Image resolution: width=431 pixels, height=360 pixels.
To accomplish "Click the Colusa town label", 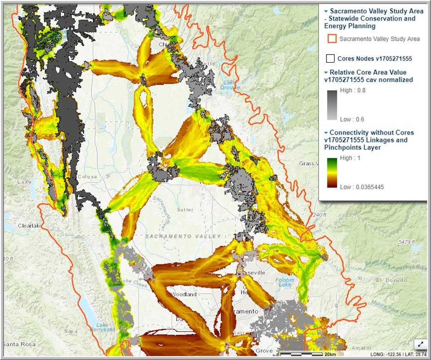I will (x=88, y=176).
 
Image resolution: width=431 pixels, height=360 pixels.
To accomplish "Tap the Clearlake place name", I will (x=30, y=225).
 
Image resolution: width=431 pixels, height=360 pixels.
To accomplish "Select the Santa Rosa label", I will (x=18, y=344).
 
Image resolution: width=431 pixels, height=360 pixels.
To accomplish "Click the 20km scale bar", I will (x=303, y=355).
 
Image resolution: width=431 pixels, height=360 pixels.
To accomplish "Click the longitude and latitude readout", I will (x=399, y=355).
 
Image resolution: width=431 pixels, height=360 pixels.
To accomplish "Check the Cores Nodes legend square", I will (x=330, y=59).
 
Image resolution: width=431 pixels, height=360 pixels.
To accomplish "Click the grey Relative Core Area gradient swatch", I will (x=332, y=105).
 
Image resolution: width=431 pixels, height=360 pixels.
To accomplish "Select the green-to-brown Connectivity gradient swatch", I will (x=332, y=172).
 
